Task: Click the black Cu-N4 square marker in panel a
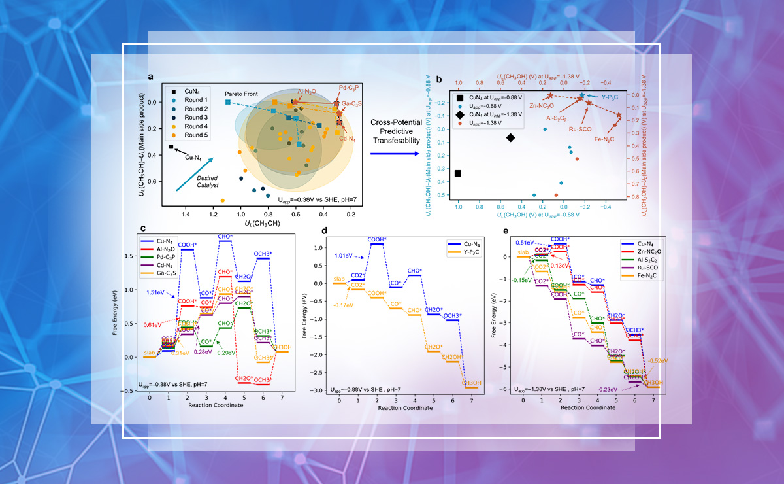(171, 147)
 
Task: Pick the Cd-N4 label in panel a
(348, 138)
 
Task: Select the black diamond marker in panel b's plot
(510, 137)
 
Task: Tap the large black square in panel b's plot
(458, 173)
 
